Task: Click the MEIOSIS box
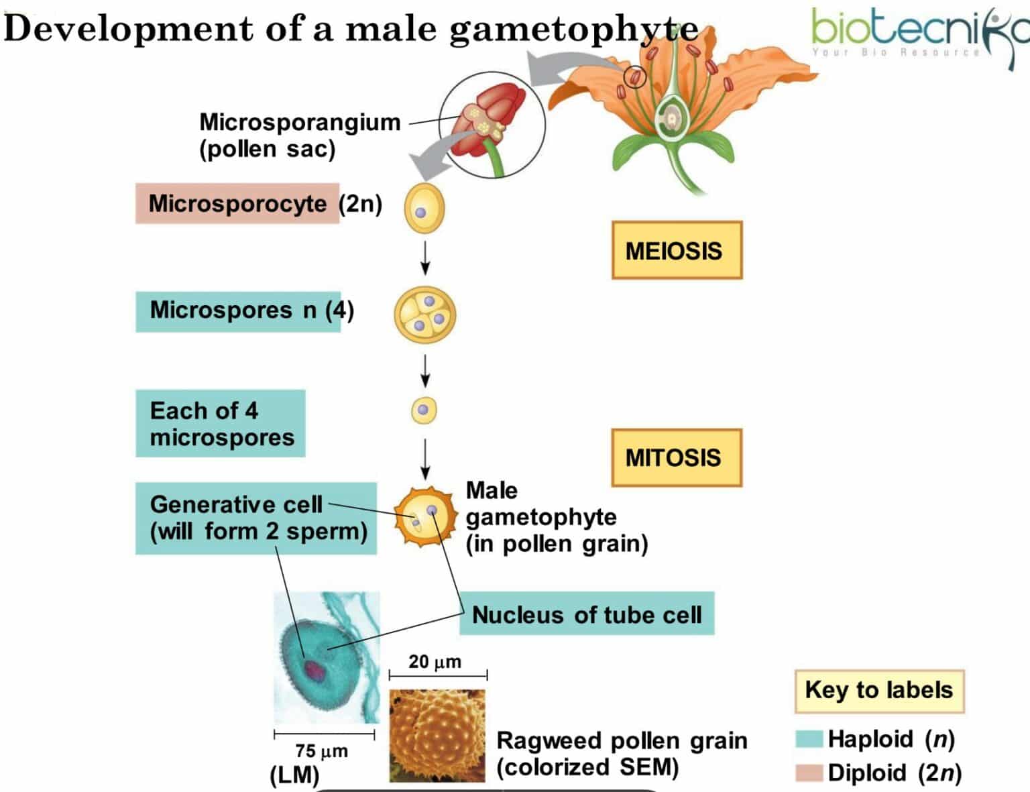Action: [x=676, y=250]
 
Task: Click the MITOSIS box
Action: [x=676, y=457]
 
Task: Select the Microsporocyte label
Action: [x=237, y=203]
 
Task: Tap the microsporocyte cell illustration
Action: [x=424, y=209]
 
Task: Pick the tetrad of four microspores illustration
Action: [x=425, y=315]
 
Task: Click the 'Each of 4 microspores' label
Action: [x=220, y=423]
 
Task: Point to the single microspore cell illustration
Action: [x=424, y=410]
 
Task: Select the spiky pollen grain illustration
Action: [x=424, y=516]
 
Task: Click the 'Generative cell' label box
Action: [x=255, y=518]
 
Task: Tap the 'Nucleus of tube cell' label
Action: [x=586, y=614]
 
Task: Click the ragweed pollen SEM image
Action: [x=437, y=735]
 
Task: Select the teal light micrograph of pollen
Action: [x=327, y=657]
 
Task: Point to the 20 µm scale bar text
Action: [x=435, y=662]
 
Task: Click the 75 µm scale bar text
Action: [x=321, y=750]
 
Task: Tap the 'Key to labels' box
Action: [x=878, y=690]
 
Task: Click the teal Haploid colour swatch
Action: [x=809, y=739]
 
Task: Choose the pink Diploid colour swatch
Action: [x=809, y=773]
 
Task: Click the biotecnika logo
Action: [x=919, y=34]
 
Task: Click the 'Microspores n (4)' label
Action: [x=237, y=311]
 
